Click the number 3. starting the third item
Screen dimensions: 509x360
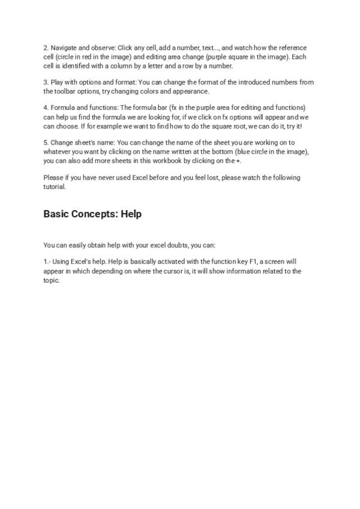click(46, 82)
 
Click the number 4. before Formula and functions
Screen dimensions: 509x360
click(46, 107)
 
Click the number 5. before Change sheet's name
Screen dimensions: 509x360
click(46, 143)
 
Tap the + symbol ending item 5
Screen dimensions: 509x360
click(238, 161)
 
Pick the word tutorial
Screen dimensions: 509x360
click(54, 187)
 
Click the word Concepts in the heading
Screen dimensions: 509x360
click(93, 214)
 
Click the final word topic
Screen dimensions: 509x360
click(51, 280)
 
